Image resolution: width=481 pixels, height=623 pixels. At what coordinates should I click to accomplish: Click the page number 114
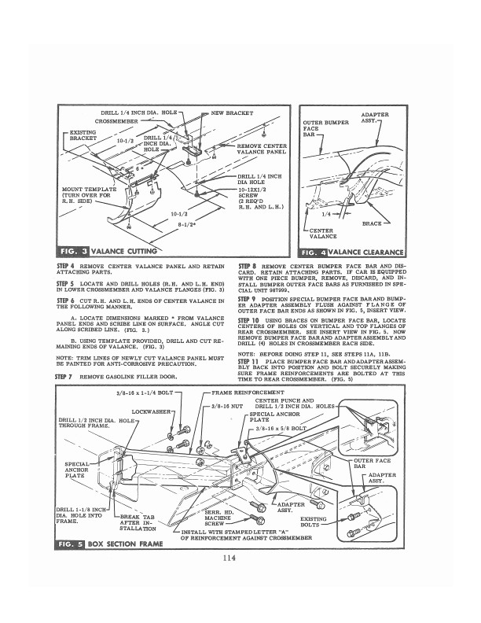click(x=239, y=559)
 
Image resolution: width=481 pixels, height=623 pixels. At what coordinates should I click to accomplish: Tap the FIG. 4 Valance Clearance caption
click(x=354, y=252)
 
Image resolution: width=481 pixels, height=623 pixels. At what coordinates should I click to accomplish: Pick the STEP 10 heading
click(x=250, y=321)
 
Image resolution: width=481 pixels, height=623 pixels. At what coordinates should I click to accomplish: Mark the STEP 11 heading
click(x=250, y=363)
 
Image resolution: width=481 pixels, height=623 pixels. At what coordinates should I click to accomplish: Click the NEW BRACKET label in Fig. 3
click(x=233, y=113)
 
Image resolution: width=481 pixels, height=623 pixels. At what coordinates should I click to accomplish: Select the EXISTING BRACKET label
click(x=82, y=135)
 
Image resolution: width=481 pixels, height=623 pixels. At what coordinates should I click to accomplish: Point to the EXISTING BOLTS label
click(x=380, y=522)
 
